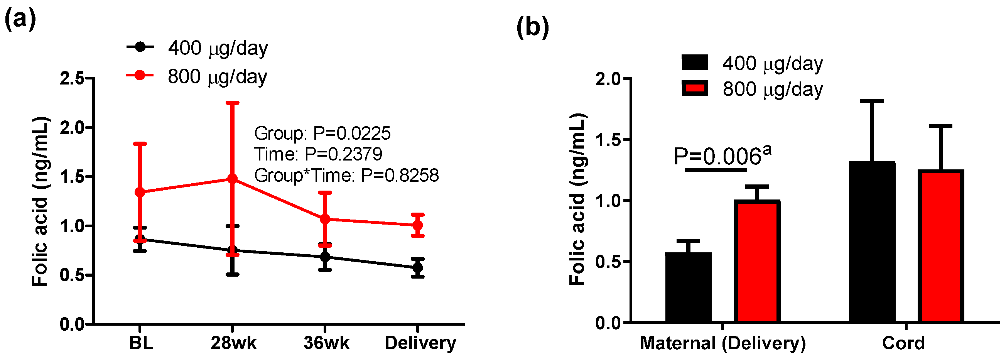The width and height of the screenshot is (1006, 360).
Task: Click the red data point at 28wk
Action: tap(232, 179)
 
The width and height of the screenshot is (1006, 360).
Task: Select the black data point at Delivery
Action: tap(417, 268)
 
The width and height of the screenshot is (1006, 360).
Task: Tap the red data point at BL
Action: tap(140, 192)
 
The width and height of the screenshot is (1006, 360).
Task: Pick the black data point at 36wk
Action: tap(325, 257)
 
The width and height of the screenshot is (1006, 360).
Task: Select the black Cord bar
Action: tap(872, 242)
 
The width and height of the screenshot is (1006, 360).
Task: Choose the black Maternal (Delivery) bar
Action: tap(688, 287)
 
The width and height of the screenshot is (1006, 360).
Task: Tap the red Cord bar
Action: tap(940, 246)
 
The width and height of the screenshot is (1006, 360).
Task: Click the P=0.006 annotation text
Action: tap(722, 156)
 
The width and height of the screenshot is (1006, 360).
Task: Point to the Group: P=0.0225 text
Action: tap(322, 134)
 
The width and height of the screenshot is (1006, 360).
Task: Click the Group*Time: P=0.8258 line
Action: tap(346, 175)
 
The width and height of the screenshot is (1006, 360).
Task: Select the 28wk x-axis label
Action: tap(233, 343)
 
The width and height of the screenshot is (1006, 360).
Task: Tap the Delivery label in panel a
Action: tap(420, 343)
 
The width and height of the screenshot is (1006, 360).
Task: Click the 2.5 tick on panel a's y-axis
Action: tap(72, 78)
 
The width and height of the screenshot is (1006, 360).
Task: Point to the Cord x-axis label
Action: tap(903, 343)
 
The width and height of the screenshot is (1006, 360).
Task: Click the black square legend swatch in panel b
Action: tap(695, 63)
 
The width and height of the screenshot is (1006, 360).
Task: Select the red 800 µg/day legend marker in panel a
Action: tap(140, 75)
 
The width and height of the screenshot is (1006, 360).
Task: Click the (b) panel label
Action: tap(532, 27)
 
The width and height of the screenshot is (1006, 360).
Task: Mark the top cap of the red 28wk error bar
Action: tap(232, 103)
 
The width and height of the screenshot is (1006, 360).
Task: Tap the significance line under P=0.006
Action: tap(716, 170)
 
